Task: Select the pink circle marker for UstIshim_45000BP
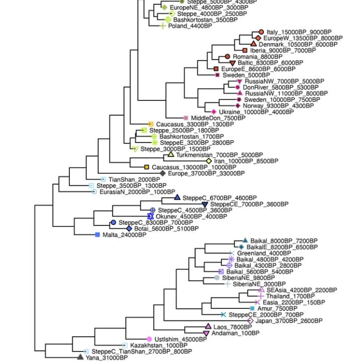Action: pyautogui.click(x=149, y=339)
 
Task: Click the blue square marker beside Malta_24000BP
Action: pyautogui.click(x=97, y=235)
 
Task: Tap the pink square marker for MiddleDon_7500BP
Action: pyautogui.click(x=186, y=118)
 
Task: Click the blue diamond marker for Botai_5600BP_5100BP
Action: pyautogui.click(x=129, y=229)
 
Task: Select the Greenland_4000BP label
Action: pyautogui.click(x=256, y=253)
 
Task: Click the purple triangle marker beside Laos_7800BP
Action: pyautogui.click(x=208, y=327)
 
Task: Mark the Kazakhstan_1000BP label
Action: pyautogui.click(x=152, y=345)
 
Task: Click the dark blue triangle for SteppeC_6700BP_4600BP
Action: pyautogui.click(x=177, y=198)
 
